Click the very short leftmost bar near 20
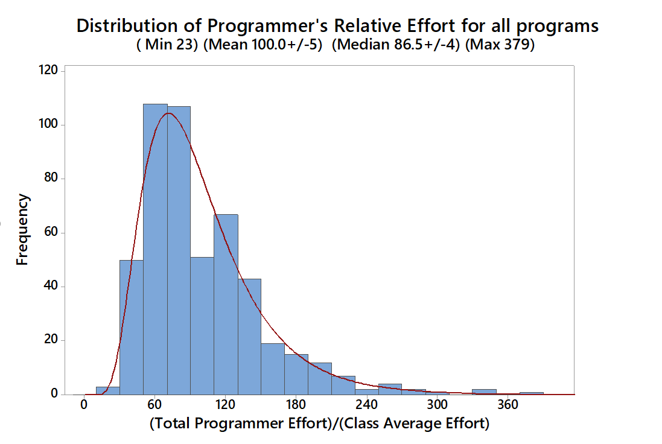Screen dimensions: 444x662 tap(108, 390)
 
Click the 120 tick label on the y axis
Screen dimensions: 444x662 tap(48, 71)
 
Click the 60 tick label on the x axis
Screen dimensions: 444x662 tap(155, 405)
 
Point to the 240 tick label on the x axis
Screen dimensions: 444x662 tap(367, 405)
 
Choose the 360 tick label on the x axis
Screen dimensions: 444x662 tap(508, 405)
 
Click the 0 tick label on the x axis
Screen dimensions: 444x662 tap(84, 405)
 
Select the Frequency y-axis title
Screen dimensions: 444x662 tap(22, 229)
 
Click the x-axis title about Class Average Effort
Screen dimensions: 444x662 tap(319, 423)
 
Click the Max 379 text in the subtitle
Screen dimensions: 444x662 tap(502, 45)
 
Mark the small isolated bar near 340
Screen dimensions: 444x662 tap(484, 392)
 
